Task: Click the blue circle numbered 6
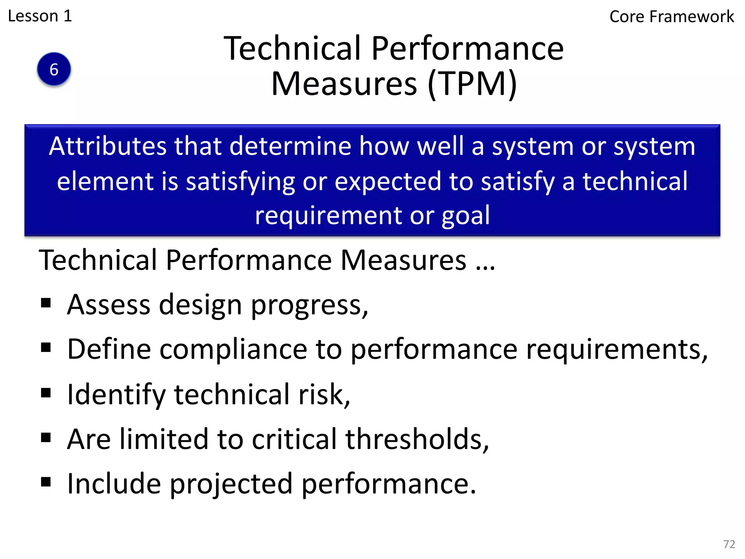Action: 54,69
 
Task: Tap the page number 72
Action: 729,544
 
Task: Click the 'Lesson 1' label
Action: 40,16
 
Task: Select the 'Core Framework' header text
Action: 672,17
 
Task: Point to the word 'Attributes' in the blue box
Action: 108,146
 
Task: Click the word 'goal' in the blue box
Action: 466,215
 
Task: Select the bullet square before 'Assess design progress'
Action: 46,303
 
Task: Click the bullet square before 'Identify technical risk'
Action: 46,393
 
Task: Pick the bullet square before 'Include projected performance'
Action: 46,482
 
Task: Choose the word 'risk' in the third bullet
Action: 323,395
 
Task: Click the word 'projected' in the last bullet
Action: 231,484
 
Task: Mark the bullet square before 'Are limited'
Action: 46,437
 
